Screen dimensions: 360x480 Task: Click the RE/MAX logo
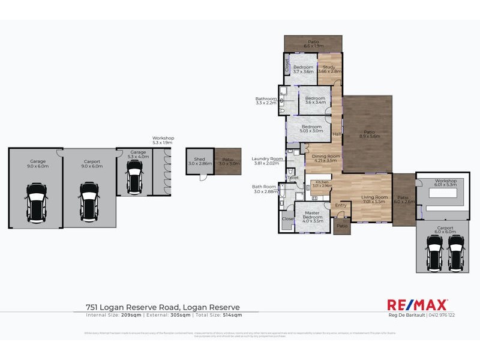tap(417, 305)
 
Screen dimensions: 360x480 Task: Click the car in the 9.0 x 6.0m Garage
tap(37, 201)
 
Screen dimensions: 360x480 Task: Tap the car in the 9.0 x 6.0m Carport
tap(89, 200)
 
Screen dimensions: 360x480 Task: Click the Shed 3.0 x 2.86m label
tap(199, 161)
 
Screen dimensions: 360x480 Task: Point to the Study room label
tap(329, 69)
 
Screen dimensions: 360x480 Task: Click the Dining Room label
tap(326, 158)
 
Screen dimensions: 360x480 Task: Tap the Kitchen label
tap(323, 184)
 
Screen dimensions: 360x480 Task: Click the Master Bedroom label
tap(313, 215)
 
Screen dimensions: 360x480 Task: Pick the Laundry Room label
tap(266, 161)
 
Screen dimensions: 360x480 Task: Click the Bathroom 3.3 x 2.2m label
tap(266, 101)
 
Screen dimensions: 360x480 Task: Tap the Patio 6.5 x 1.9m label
tap(313, 44)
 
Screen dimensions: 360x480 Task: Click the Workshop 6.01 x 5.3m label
tap(446, 182)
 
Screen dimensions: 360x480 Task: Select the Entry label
tap(341, 206)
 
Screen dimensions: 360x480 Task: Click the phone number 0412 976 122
tap(440, 315)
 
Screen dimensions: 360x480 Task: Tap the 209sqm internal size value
tap(131, 314)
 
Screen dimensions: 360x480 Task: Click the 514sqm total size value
tap(232, 314)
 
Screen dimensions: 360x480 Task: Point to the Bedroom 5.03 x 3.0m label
tap(311, 129)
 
